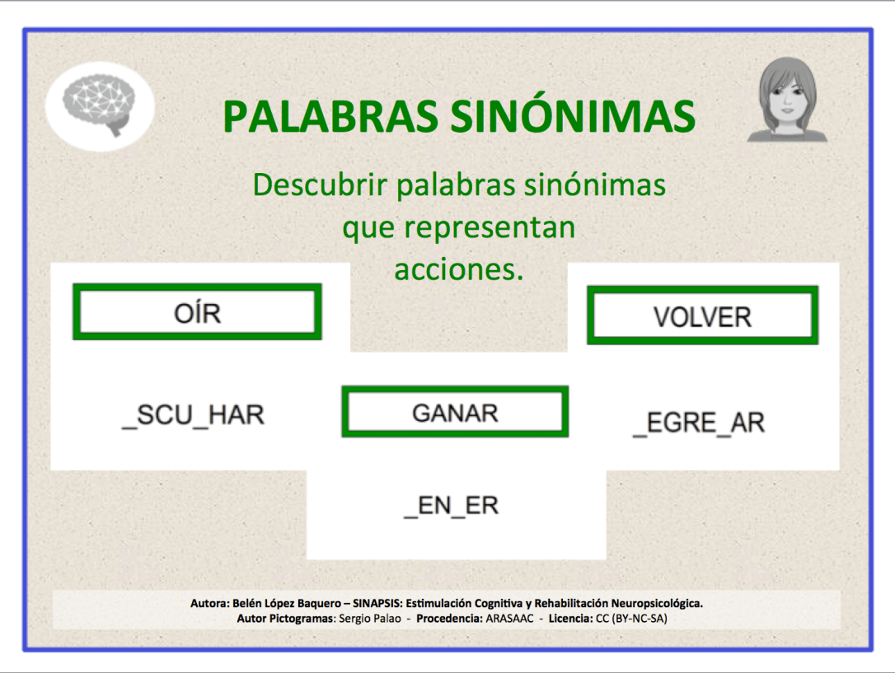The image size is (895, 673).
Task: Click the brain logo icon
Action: (100, 107)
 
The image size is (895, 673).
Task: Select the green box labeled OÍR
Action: (197, 312)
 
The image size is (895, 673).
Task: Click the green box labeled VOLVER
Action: (702, 315)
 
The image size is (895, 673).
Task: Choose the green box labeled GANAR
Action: (455, 412)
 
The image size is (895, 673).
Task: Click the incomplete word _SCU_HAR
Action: (193, 414)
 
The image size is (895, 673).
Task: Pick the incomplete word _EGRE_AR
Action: (699, 423)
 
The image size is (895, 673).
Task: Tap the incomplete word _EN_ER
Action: (452, 505)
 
